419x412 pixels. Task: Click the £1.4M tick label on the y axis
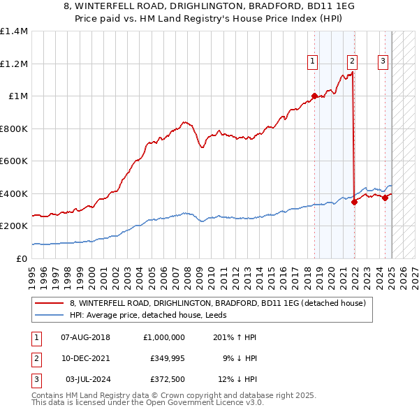pos(14,31)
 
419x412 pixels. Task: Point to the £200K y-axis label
pos(14,226)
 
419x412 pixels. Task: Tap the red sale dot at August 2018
pos(314,96)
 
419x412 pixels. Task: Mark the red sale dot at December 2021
pos(354,202)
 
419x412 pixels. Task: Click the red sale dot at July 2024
pos(385,198)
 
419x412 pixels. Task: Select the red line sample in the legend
pos(50,303)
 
